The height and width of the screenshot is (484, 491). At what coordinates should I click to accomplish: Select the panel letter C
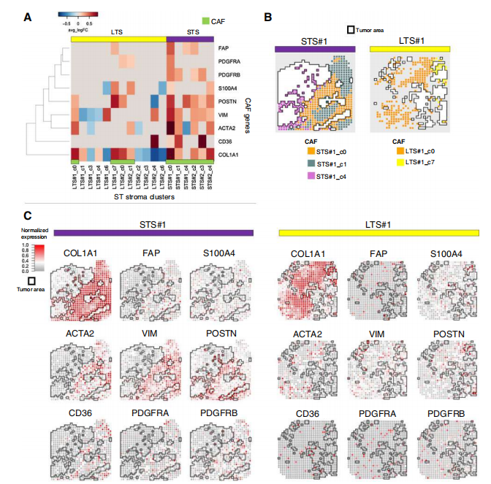pos(27,217)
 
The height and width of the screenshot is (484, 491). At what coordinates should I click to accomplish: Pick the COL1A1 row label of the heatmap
pos(228,154)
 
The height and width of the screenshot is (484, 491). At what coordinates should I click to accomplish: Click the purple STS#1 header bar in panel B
pos(316,49)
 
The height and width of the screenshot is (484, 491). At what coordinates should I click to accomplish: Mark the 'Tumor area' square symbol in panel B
pos(351,30)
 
